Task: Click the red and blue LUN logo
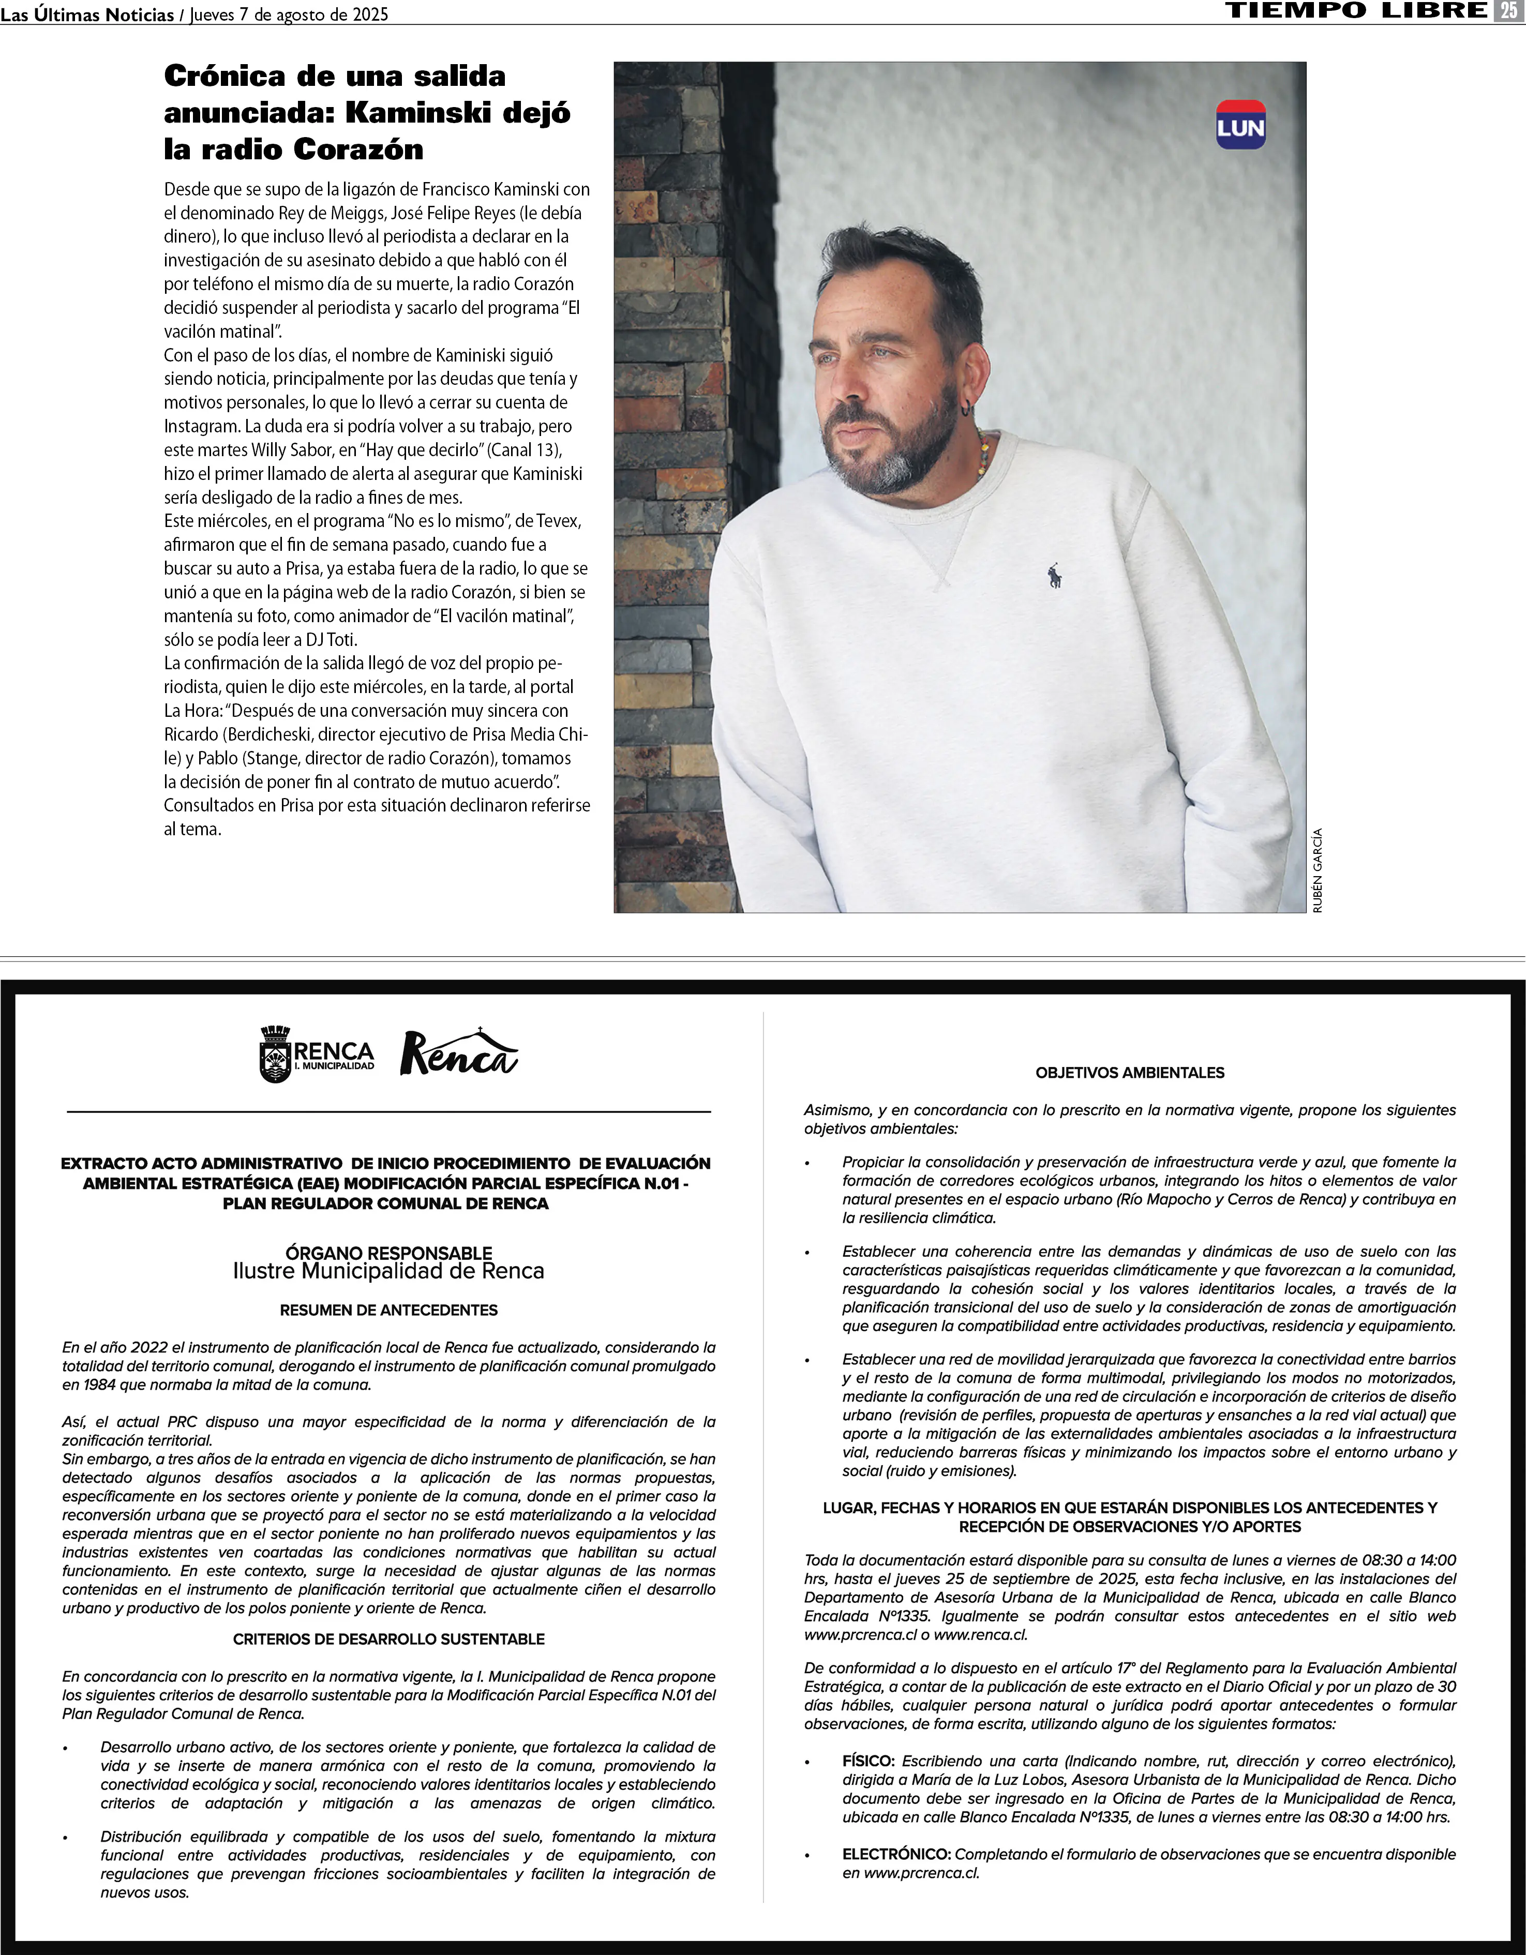pos(1240,125)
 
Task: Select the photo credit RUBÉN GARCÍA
pos(1316,870)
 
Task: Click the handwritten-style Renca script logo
pos(458,1052)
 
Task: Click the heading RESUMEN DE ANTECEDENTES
pos(388,1310)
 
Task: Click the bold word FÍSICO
pos(868,1761)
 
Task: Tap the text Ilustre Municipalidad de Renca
pos(388,1271)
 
